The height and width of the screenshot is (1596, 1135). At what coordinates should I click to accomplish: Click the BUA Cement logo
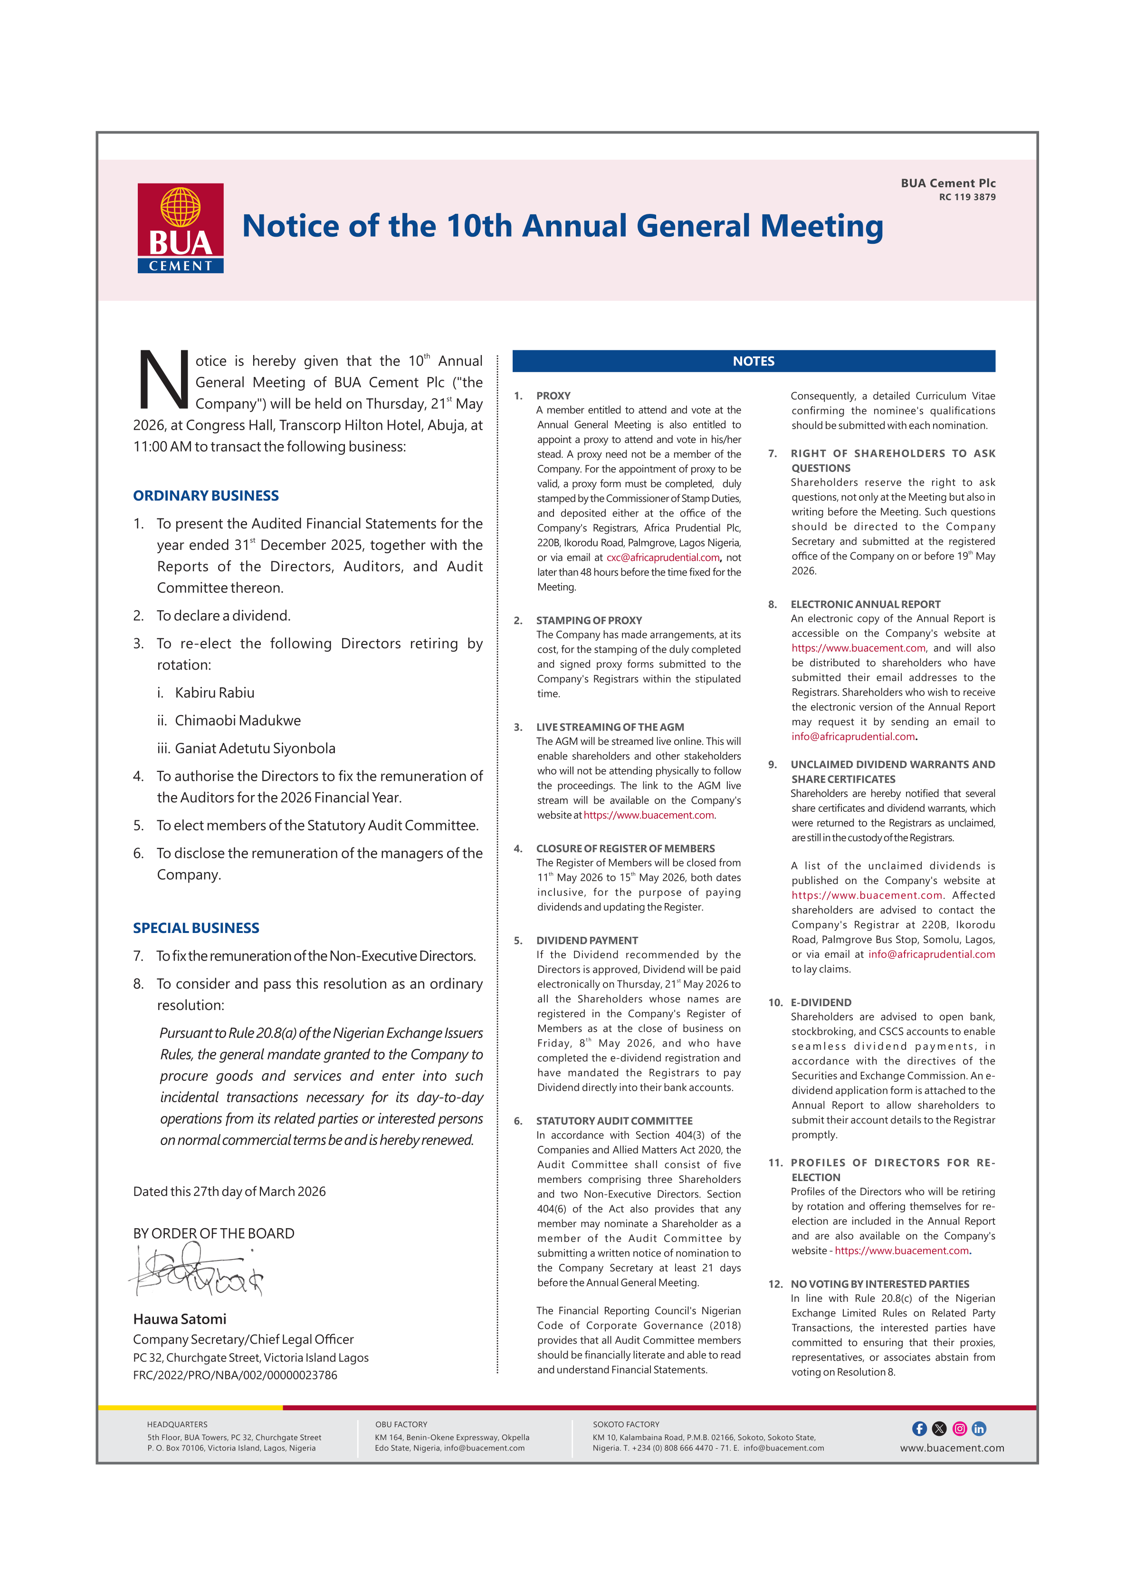point(181,228)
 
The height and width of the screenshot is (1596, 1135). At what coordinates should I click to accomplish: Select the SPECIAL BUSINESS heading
point(196,928)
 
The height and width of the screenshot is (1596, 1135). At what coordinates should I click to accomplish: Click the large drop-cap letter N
point(163,381)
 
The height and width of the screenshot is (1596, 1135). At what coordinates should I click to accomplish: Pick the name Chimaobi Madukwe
point(238,720)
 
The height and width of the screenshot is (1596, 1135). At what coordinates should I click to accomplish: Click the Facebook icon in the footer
point(919,1428)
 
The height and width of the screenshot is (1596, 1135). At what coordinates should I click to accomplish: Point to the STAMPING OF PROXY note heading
point(589,620)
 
